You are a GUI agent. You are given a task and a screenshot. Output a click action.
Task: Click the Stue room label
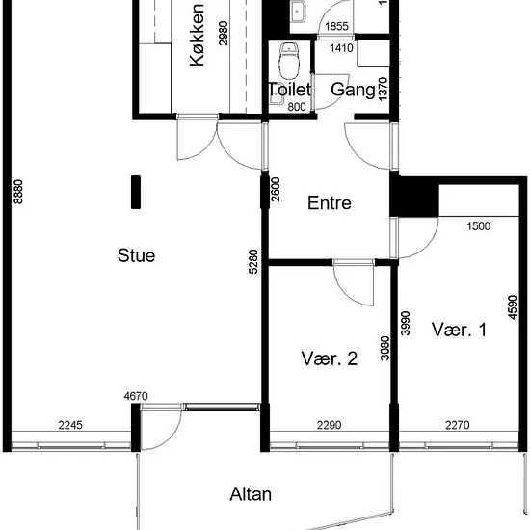coord(136,255)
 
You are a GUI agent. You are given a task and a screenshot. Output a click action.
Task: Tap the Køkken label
coord(197,35)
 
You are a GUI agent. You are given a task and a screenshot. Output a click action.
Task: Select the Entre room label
coord(330,202)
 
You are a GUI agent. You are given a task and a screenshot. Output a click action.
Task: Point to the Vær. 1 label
coord(459,330)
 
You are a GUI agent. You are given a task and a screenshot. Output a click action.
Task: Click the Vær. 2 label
coord(329,358)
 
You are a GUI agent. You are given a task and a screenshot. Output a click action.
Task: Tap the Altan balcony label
coord(251,494)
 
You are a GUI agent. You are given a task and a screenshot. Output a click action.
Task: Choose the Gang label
coord(353,90)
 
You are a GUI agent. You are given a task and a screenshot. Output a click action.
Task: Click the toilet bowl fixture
coord(289,61)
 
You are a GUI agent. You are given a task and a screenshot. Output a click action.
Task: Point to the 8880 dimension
coord(18,192)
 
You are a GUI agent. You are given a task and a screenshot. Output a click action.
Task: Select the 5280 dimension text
coord(253,261)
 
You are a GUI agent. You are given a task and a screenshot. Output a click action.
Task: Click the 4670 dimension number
coord(136,396)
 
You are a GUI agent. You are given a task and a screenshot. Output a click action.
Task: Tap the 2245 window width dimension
coord(70,425)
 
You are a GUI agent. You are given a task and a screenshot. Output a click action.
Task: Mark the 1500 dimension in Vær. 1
coord(478,225)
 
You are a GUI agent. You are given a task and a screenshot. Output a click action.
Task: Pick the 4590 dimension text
coord(513,307)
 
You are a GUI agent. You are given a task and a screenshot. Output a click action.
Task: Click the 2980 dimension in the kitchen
coord(224,33)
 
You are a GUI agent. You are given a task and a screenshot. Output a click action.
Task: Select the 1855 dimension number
coord(336,26)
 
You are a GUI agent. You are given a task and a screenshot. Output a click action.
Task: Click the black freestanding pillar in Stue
coord(136,192)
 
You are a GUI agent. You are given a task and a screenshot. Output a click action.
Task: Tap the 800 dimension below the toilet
coord(297,107)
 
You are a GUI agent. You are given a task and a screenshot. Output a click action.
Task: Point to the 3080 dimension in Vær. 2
coord(384,348)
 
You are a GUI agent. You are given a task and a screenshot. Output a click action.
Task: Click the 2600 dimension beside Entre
coord(276,189)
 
